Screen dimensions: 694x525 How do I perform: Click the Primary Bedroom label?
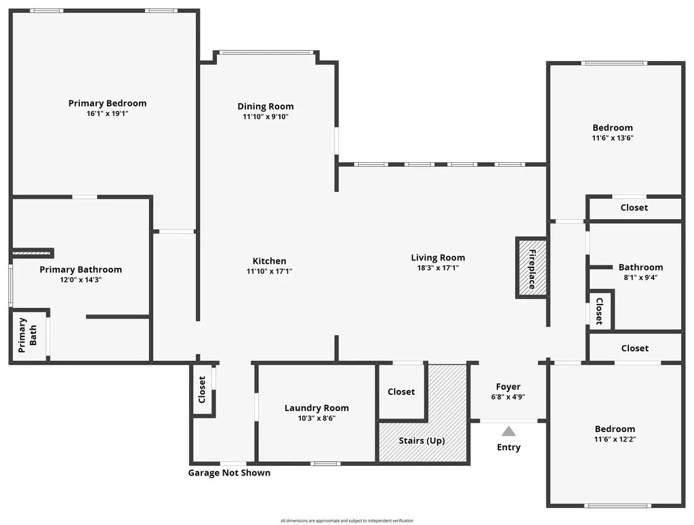(107, 103)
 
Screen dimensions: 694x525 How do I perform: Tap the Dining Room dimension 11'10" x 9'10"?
(266, 117)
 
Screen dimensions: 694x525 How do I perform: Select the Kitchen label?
(269, 261)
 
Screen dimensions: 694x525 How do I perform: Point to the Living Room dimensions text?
(438, 268)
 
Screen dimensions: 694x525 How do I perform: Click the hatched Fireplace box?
(532, 268)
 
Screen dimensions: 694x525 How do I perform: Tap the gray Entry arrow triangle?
(508, 431)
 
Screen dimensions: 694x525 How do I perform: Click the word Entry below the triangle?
(508, 448)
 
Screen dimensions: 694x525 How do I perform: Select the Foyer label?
(508, 387)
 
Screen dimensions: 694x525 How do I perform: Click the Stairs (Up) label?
(422, 441)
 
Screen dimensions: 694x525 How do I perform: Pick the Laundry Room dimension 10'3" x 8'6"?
(317, 419)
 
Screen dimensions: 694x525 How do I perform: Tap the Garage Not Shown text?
(229, 473)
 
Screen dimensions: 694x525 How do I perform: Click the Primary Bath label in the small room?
(27, 335)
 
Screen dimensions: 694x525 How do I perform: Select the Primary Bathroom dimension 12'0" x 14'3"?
(81, 279)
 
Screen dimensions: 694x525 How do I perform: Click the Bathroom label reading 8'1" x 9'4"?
(640, 277)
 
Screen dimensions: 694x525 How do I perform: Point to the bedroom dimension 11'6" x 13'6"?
(613, 138)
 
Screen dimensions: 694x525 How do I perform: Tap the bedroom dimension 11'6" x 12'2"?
(615, 439)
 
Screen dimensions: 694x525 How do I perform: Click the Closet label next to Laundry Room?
(401, 391)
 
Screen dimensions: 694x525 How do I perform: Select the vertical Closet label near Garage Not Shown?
(202, 389)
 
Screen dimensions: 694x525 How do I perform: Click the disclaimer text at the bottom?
(347, 520)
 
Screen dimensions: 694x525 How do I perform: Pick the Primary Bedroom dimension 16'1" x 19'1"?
(107, 113)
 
